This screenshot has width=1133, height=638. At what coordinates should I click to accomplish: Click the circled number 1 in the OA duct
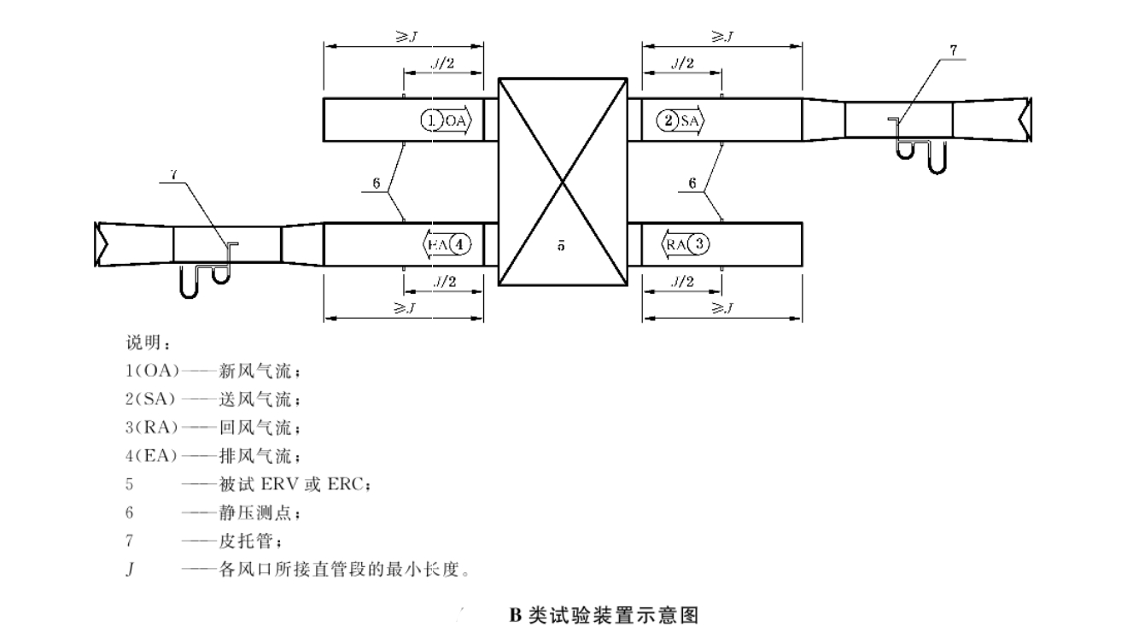coord(432,121)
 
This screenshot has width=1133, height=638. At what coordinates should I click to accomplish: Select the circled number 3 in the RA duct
coord(698,244)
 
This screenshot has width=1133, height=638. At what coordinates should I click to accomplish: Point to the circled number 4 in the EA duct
coord(461,244)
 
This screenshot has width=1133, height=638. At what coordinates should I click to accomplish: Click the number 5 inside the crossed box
coord(561,246)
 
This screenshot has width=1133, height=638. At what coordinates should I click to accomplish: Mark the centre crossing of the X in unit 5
coord(562,182)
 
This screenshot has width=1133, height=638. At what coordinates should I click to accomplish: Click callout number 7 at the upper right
coord(953,49)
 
